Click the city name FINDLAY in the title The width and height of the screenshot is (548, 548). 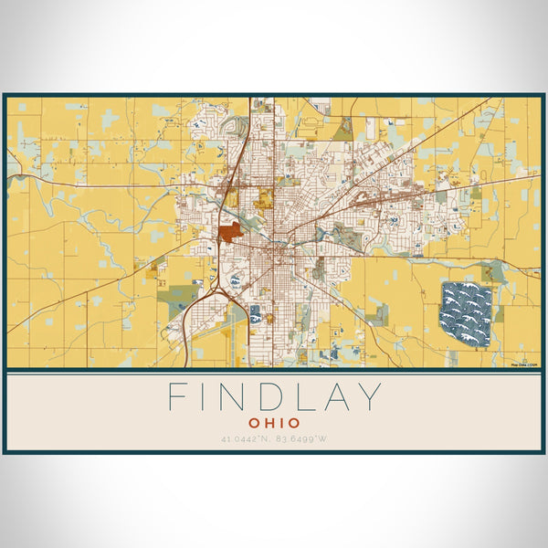(x=274, y=397)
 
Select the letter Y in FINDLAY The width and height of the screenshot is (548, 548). (x=369, y=397)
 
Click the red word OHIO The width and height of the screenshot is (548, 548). (x=274, y=423)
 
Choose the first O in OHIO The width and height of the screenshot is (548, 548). (x=253, y=423)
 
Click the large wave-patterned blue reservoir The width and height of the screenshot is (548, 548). (x=466, y=313)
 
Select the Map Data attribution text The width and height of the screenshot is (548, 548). (x=524, y=364)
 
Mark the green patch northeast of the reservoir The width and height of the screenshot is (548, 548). (x=494, y=271)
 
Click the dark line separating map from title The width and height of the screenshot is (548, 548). (x=274, y=371)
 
